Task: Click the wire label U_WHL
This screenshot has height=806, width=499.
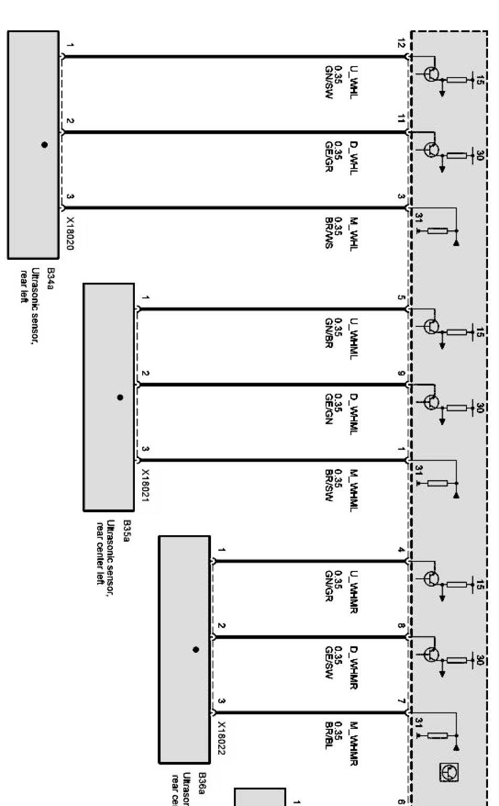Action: click(x=354, y=80)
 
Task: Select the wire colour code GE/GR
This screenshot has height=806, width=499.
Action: click(x=329, y=156)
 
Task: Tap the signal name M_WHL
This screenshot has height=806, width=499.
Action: click(x=354, y=233)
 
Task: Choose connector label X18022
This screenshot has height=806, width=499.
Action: click(x=221, y=738)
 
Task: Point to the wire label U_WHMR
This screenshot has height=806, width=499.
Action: click(x=354, y=587)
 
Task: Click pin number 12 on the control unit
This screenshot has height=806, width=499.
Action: click(x=401, y=44)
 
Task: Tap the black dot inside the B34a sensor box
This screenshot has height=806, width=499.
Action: click(x=45, y=144)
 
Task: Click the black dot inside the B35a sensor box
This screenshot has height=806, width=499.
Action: click(x=120, y=397)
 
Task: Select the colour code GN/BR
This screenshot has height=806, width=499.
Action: click(x=329, y=333)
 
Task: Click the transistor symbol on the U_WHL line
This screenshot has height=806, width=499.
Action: click(x=432, y=73)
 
